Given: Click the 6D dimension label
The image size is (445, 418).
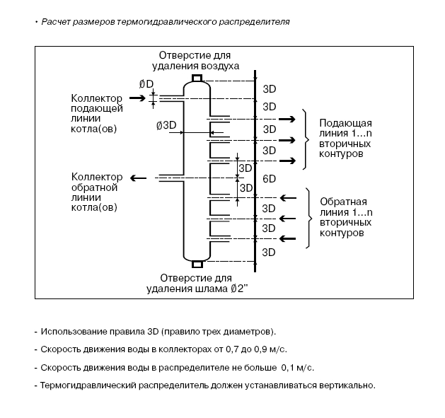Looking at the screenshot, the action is point(269,179).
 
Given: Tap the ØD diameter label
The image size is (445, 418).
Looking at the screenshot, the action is point(146,84).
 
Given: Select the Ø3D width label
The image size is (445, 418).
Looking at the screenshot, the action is point(166,125).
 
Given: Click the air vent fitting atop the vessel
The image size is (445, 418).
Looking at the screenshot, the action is point(197,78).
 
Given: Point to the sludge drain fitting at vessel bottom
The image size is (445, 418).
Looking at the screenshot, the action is point(197,265).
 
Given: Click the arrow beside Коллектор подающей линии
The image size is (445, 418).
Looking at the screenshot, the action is point(137,98).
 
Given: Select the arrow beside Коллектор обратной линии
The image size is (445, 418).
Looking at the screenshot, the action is point(138,178).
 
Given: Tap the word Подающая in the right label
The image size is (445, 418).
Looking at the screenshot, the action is point(345,124).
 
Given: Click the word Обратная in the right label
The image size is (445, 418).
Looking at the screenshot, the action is point(343,202).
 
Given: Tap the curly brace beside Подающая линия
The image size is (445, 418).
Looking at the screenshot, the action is point(306,139).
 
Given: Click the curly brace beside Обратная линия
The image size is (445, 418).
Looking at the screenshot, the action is point(308,219).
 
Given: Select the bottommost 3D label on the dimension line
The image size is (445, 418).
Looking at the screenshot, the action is point(268,252).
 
